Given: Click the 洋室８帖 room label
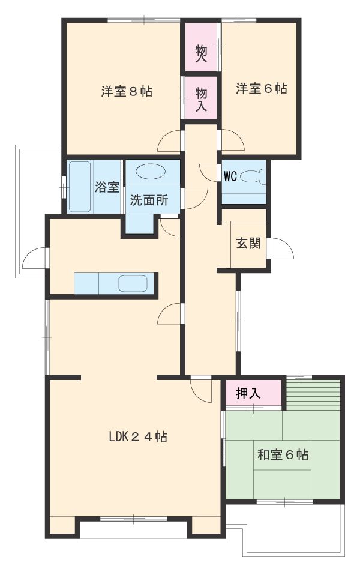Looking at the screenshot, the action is click(127, 91).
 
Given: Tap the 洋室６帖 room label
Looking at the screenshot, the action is click(261, 89).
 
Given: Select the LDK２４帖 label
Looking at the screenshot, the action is click(138, 436).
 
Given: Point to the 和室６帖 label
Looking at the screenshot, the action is click(283, 454).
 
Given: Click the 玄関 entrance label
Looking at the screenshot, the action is click(248, 243).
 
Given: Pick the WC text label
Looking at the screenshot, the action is click(230, 177).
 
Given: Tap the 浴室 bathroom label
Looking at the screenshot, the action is click(107, 187).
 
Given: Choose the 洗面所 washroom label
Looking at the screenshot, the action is click(149, 200).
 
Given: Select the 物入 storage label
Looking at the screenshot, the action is click(201, 99).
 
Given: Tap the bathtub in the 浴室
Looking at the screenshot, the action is click(80, 187).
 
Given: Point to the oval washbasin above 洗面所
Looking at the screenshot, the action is click(151, 171).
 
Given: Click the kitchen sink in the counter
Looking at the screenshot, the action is click(133, 283).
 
